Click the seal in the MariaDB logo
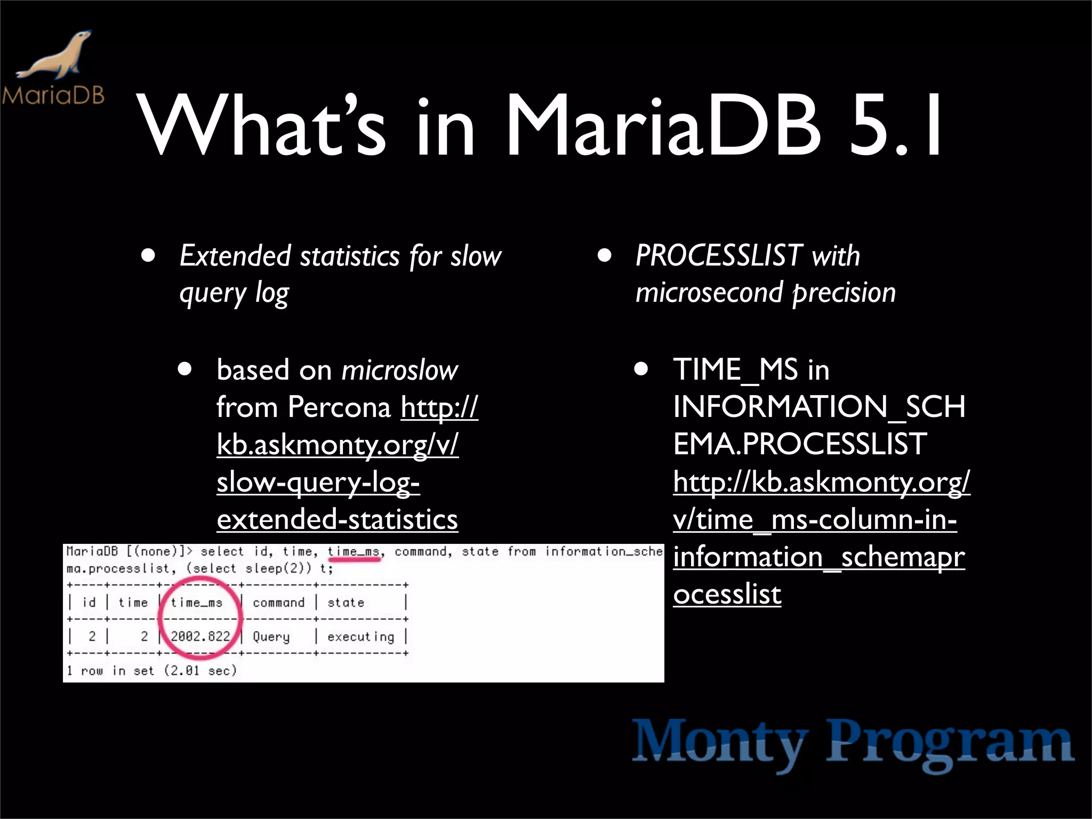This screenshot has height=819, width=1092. coord(56,56)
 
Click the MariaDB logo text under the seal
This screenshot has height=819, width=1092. coord(53,95)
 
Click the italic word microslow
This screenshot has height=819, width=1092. coord(399,370)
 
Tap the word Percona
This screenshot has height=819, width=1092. coord(339,407)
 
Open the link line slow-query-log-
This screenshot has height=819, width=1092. coord(318,482)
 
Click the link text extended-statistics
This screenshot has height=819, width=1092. coord(337,519)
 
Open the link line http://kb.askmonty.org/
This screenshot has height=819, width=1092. coord(821,482)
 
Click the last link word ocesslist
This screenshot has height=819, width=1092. coord(727,594)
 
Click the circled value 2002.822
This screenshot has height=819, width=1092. coord(200,636)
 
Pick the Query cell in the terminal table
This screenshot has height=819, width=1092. coord(271,637)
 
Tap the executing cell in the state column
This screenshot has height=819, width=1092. coord(360,637)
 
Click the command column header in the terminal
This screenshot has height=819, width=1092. coord(278,603)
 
